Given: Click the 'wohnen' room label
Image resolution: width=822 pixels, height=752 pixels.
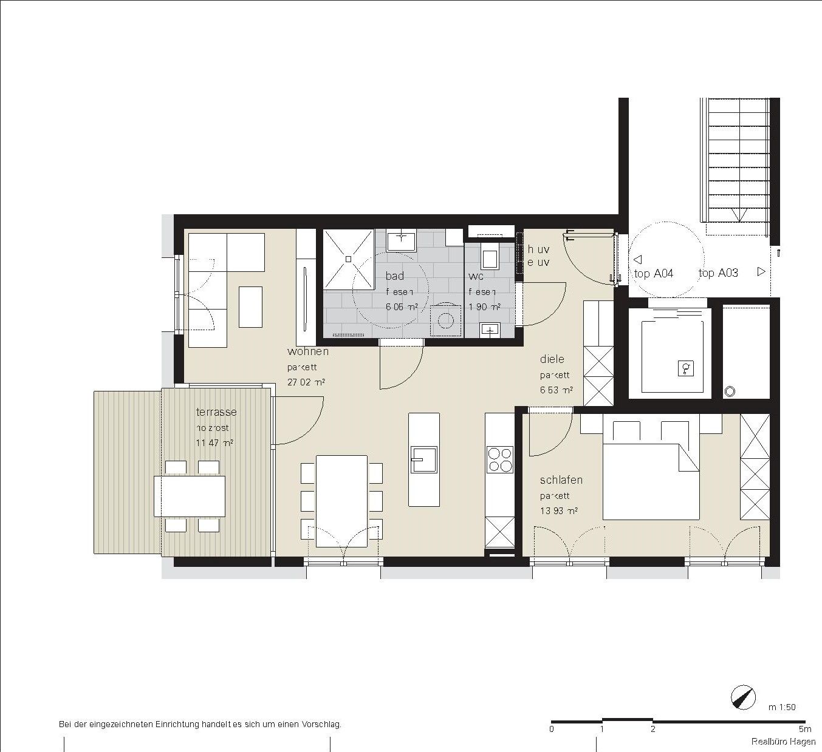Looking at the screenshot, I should [308, 351].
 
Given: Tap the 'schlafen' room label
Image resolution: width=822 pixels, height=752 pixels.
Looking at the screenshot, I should [561, 480].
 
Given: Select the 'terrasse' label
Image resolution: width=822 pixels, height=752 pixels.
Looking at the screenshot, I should [216, 412].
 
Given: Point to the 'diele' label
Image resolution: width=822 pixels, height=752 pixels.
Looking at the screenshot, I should [552, 359].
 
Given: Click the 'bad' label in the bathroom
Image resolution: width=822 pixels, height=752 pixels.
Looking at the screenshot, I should [394, 276].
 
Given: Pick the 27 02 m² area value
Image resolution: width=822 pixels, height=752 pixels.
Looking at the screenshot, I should [306, 382].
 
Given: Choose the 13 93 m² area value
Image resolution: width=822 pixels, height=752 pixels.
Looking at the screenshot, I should [558, 511].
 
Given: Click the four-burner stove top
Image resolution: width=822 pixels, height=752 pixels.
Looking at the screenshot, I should [500, 459].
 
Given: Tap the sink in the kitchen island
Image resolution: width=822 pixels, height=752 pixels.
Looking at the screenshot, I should [423, 459].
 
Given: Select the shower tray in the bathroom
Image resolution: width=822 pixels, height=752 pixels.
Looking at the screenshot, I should [349, 259].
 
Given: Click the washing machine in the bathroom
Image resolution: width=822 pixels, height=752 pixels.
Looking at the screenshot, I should [446, 320].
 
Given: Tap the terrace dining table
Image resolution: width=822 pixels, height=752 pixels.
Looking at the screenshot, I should [190, 496].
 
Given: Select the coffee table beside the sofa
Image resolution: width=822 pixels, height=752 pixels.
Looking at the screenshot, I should [250, 307].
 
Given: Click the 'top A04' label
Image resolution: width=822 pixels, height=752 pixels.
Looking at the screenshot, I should [654, 274].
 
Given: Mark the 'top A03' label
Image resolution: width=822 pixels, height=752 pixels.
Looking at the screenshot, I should [718, 273].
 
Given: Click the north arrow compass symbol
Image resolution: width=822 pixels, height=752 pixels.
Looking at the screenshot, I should [744, 697].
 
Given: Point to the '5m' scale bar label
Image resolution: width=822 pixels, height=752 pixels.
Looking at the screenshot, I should [804, 729].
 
